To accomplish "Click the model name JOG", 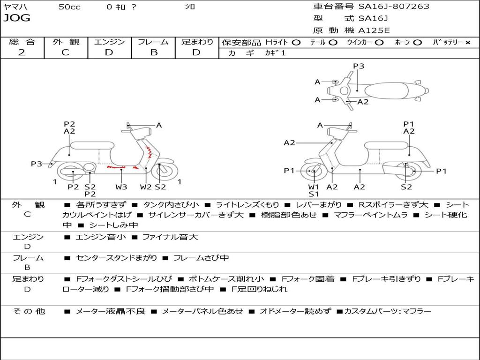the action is point(17,18).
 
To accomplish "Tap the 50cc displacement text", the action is point(69,7).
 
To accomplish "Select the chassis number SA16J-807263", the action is point(394,7).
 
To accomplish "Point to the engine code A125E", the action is point(374,30).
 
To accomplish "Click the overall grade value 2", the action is point(22,52).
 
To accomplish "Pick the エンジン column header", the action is point(109,42).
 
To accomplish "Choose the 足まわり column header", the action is point(197,42).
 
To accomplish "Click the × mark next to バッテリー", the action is point(467,42).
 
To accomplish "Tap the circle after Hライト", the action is point(296,42).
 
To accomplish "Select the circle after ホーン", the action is point(418,42).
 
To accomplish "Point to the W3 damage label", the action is point(121,187).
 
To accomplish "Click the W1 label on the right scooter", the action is point(314,187).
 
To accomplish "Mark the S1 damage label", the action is point(314,194).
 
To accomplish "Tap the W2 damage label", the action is point(146,187).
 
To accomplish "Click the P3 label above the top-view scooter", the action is point(359,66).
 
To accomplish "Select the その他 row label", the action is point(29,311).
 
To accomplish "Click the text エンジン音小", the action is point(101,237).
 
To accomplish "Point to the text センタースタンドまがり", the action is point(116,258).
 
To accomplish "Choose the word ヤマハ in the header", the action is point(15,7).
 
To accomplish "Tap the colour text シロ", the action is point(190,7).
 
